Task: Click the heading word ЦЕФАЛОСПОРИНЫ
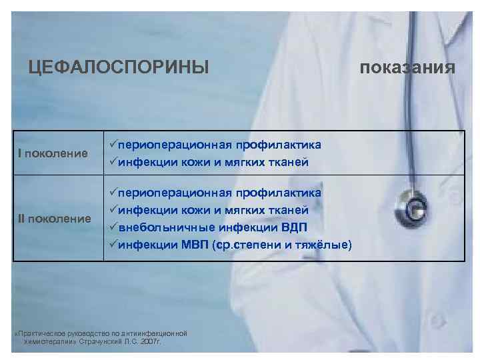[119, 67]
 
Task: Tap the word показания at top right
[408, 68]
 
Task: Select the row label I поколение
[53, 154]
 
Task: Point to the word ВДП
[293, 227]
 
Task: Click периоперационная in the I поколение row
[175, 145]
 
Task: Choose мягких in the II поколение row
[245, 210]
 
